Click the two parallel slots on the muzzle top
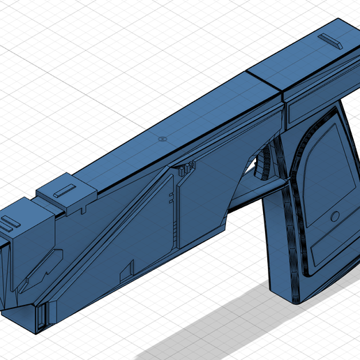9,225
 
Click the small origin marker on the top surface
162,140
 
